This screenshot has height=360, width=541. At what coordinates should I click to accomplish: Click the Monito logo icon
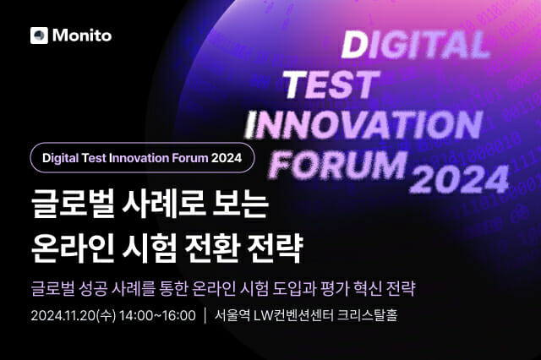pyautogui.click(x=38, y=35)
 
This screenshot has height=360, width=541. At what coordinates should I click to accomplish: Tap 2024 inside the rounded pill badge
pyautogui.click(x=226, y=157)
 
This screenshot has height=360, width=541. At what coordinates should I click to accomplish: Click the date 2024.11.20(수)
pyautogui.click(x=69, y=316)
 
